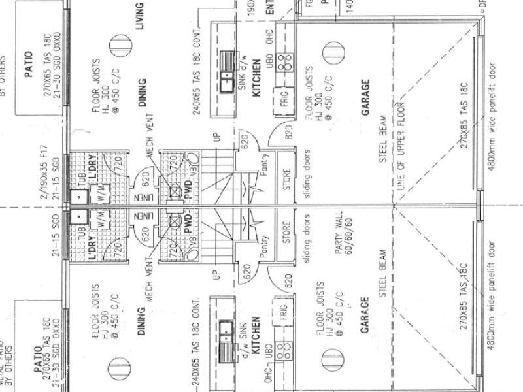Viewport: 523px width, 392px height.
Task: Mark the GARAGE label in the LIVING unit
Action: click(x=365, y=97)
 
